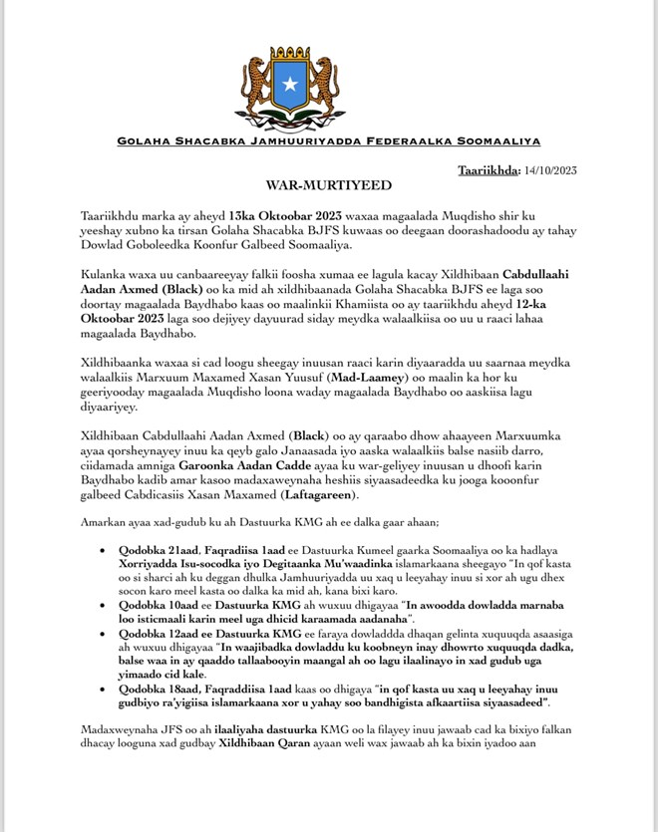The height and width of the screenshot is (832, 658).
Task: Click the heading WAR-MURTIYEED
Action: click(x=328, y=186)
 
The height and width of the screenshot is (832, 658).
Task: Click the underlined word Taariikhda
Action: click(x=488, y=170)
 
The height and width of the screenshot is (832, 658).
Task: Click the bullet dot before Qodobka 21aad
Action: click(x=107, y=550)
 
